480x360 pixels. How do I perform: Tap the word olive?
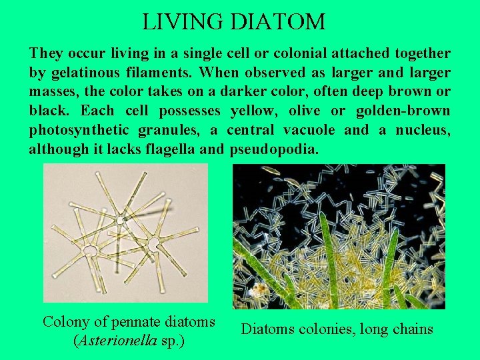click(x=301, y=111)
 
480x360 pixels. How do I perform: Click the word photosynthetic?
click(x=79, y=130)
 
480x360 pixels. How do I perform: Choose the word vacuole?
click(x=311, y=130)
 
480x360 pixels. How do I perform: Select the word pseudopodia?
click(x=274, y=149)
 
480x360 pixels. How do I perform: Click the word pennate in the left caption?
click(x=125, y=321)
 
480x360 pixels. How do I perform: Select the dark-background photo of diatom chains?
click(x=339, y=237)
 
